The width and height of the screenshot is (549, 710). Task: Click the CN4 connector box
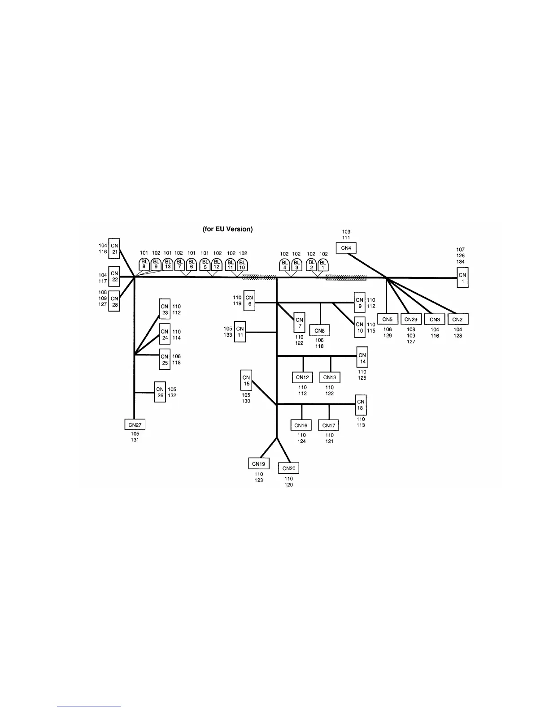coord(346,248)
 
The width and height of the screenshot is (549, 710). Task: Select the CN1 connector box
coord(462,277)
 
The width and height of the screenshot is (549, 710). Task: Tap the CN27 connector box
coord(135,424)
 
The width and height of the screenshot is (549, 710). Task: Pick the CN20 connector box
coord(289,468)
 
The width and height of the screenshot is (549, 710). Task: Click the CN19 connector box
coord(258,463)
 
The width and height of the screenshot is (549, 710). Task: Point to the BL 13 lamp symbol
coord(168,264)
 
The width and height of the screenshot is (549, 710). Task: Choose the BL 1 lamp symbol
coord(323,264)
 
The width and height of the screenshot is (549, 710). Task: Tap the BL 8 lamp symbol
coord(144,264)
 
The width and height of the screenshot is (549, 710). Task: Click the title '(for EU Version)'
coord(228,229)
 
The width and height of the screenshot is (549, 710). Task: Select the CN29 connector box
coord(411,319)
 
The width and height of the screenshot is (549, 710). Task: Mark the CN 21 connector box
coord(115,248)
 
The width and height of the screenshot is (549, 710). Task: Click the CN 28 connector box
coord(114,301)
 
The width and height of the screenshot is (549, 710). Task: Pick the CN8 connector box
coord(319,331)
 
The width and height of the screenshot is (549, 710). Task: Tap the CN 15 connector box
coord(246,380)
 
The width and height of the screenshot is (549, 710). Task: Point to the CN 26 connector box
coord(160,392)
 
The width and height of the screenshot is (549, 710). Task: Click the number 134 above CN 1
coord(461,262)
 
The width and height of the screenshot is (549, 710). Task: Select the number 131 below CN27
coord(135,440)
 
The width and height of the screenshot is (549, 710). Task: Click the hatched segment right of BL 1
coord(346,278)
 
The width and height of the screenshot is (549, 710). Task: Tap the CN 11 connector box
coord(240,332)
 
